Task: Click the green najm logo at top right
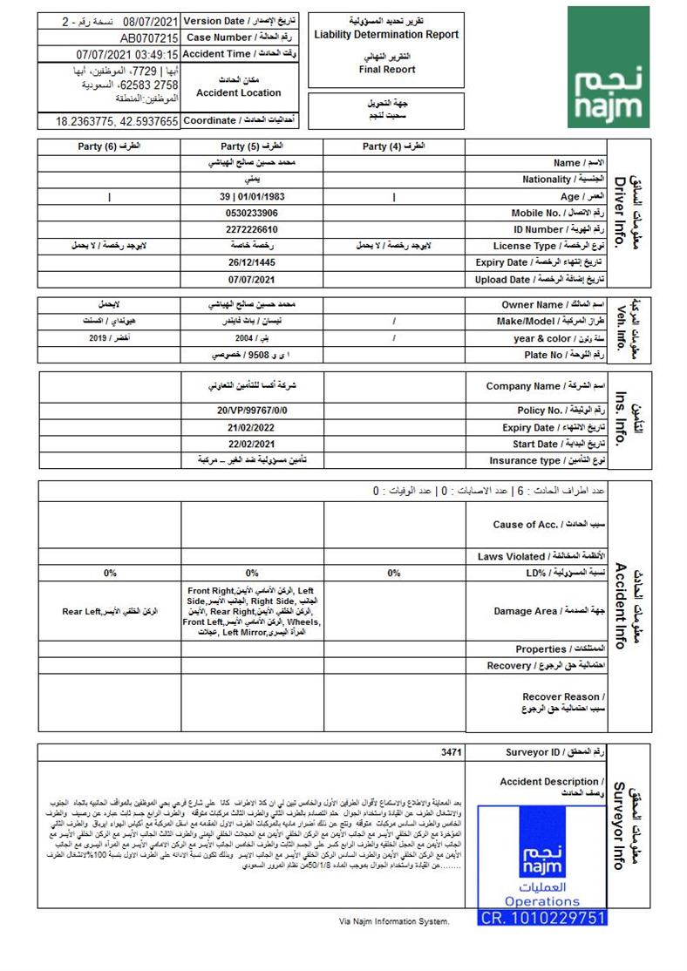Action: [609, 67]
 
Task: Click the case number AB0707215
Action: [149, 38]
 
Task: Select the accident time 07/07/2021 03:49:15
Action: [127, 55]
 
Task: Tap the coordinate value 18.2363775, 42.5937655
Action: [118, 121]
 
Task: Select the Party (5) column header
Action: [252, 146]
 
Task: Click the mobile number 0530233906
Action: [251, 213]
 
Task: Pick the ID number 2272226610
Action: [251, 229]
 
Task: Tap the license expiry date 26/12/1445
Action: [251, 262]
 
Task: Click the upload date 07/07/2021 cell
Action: [251, 280]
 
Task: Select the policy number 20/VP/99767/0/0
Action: [251, 411]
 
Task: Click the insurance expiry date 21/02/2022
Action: [251, 428]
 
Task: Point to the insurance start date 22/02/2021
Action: [251, 445]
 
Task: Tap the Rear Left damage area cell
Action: [110, 612]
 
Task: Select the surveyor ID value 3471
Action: [450, 752]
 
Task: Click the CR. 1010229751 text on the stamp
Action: [542, 918]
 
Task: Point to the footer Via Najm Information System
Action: [394, 921]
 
